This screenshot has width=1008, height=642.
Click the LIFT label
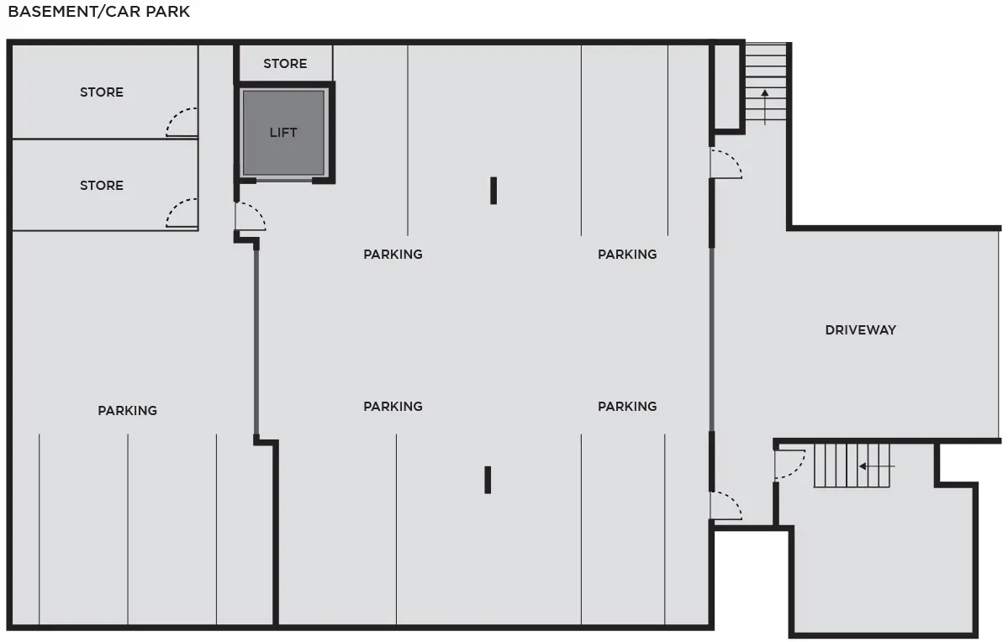pos(282,133)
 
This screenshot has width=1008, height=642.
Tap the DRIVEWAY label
pos(860,329)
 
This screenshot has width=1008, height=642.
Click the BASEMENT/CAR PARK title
pos(99,12)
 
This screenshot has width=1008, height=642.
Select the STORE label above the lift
pos(285,64)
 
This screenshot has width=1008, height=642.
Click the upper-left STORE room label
pos(102,92)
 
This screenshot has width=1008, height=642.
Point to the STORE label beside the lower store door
pos(102,185)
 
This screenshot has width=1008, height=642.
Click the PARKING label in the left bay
pos(127,410)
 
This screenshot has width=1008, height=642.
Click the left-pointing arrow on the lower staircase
pos(877,466)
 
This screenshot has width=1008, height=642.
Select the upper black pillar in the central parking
pos(493,190)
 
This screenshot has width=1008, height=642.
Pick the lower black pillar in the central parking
pos(488,480)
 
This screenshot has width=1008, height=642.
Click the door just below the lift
pos(250,217)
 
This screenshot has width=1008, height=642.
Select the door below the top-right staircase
pos(726,164)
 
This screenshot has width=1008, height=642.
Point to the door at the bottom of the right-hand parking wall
pos(726,506)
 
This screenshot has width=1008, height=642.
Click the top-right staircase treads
pos(766,82)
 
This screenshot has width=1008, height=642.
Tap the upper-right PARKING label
pos(627,254)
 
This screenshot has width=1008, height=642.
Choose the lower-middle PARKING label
pos(393,406)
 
